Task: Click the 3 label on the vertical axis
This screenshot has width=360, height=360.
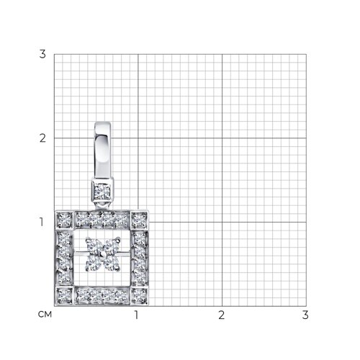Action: coord(42,54)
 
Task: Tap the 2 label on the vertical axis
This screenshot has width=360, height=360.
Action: coord(42,138)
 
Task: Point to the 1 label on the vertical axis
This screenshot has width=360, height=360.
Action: coord(42,222)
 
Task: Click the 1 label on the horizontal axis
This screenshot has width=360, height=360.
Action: coord(136,315)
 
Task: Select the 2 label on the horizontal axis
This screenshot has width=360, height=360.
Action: coord(222,315)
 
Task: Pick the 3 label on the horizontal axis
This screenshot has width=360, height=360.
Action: coord(305,315)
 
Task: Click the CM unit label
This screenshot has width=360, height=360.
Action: coord(45,315)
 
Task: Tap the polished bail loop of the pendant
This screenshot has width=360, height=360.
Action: coord(102,150)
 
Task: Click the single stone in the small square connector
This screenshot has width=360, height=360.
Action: coord(102,192)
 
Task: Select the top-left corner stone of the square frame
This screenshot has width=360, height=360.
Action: coord(64,220)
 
